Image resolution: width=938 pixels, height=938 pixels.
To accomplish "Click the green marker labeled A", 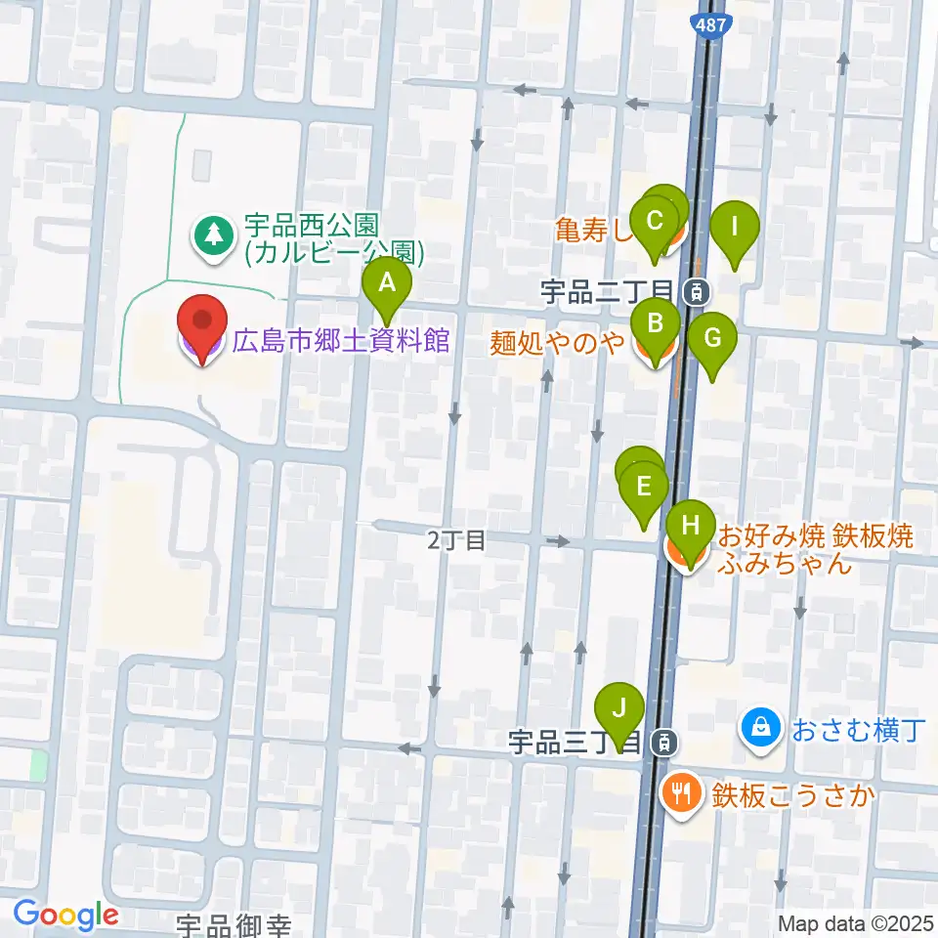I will pyautogui.click(x=387, y=285).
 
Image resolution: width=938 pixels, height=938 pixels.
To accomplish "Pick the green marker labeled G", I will pyautogui.click(x=712, y=340).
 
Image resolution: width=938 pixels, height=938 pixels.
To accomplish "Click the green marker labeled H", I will pyautogui.click(x=691, y=526).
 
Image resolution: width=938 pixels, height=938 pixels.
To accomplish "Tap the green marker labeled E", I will pyautogui.click(x=643, y=487).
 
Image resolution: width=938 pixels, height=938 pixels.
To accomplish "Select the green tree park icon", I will pyautogui.click(x=212, y=235).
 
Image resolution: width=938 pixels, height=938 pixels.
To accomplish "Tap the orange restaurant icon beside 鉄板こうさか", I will pyautogui.click(x=680, y=791).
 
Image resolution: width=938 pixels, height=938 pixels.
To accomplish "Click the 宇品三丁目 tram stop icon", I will pyautogui.click(x=665, y=743).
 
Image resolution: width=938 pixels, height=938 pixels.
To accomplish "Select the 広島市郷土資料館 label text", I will pyautogui.click(x=340, y=341).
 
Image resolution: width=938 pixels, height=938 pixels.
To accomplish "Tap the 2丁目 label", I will pyautogui.click(x=456, y=540).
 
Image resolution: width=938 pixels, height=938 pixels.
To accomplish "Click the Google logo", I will pyautogui.click(x=65, y=916).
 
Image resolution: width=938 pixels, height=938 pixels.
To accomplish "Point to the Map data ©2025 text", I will pyautogui.click(x=856, y=922).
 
